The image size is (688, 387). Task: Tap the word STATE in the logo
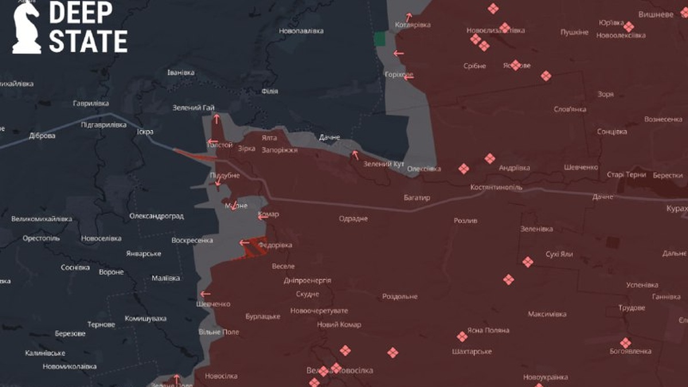[88, 42]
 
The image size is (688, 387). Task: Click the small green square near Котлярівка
[380, 39]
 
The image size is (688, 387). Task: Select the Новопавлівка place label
[302, 30]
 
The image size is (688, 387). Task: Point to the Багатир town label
[417, 198]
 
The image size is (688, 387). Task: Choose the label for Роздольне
[400, 296]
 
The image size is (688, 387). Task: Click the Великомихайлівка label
[42, 219]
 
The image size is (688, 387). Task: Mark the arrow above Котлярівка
[409, 17]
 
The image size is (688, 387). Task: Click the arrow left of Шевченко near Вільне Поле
[205, 294]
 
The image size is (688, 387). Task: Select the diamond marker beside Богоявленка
[626, 342]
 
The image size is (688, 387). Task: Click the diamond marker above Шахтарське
[462, 337]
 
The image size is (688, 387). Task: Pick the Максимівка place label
[547, 314]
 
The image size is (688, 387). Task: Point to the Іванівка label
[181, 73]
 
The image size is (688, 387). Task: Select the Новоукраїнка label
[545, 377]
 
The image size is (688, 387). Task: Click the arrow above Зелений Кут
[355, 155]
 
